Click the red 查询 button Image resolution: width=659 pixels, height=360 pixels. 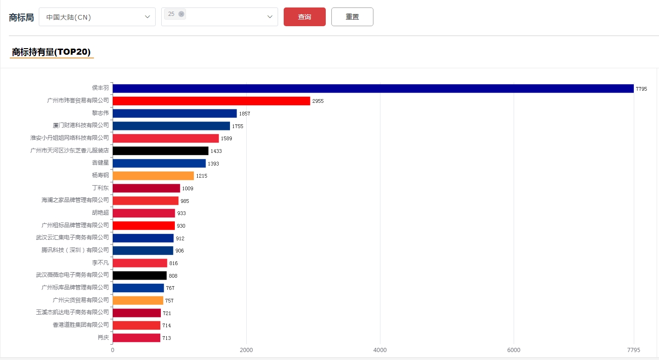(x=304, y=17)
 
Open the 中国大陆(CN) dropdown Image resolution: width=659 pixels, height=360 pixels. (x=97, y=17)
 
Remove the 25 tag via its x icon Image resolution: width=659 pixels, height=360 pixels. (x=181, y=14)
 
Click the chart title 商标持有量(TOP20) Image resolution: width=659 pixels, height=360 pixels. (x=51, y=52)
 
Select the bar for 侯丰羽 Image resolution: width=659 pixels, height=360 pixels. (x=372, y=88)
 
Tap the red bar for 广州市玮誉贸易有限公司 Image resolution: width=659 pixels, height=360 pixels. (x=211, y=101)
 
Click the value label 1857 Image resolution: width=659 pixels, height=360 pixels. (x=244, y=114)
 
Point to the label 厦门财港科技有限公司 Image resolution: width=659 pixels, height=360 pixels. (x=80, y=125)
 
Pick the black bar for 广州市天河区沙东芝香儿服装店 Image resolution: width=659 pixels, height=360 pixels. (x=160, y=151)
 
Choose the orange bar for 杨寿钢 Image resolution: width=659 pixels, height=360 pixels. (x=153, y=176)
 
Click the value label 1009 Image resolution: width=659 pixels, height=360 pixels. (x=187, y=188)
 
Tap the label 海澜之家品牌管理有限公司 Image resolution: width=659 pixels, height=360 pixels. (x=75, y=200)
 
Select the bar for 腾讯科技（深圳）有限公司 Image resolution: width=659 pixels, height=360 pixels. (x=143, y=251)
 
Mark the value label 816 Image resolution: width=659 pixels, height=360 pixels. (x=173, y=263)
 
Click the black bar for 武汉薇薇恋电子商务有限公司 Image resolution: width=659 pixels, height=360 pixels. (x=139, y=275)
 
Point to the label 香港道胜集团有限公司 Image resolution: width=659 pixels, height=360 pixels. (x=80, y=324)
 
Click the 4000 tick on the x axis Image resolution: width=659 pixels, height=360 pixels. (x=380, y=350)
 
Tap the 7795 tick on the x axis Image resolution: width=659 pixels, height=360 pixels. (x=633, y=350)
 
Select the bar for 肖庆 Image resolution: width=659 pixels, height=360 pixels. (x=136, y=338)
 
